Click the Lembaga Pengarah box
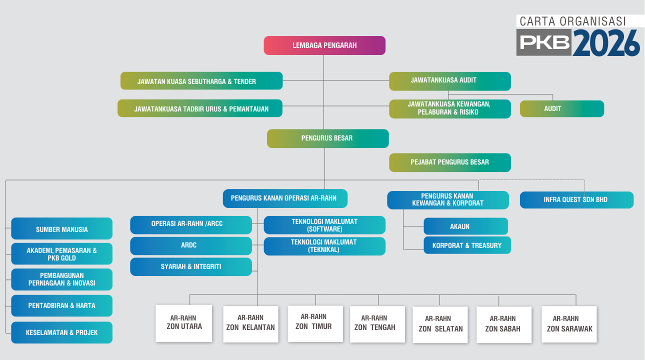[324, 45]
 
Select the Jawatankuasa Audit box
[449, 81]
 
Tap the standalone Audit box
[561, 108]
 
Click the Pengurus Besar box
[327, 138]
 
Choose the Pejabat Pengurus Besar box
[449, 162]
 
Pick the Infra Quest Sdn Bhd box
[576, 200]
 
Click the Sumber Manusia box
[61, 229]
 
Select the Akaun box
[465, 226]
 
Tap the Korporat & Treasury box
[467, 245]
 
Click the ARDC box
[190, 246]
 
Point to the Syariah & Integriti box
[190, 267]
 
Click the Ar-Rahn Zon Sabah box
[503, 324]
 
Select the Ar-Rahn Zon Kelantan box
[250, 323]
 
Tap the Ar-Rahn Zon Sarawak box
[569, 324]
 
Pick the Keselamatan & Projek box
[61, 332]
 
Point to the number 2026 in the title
[606, 42]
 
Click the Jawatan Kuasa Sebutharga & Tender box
[201, 81]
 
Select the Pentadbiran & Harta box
[61, 305]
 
